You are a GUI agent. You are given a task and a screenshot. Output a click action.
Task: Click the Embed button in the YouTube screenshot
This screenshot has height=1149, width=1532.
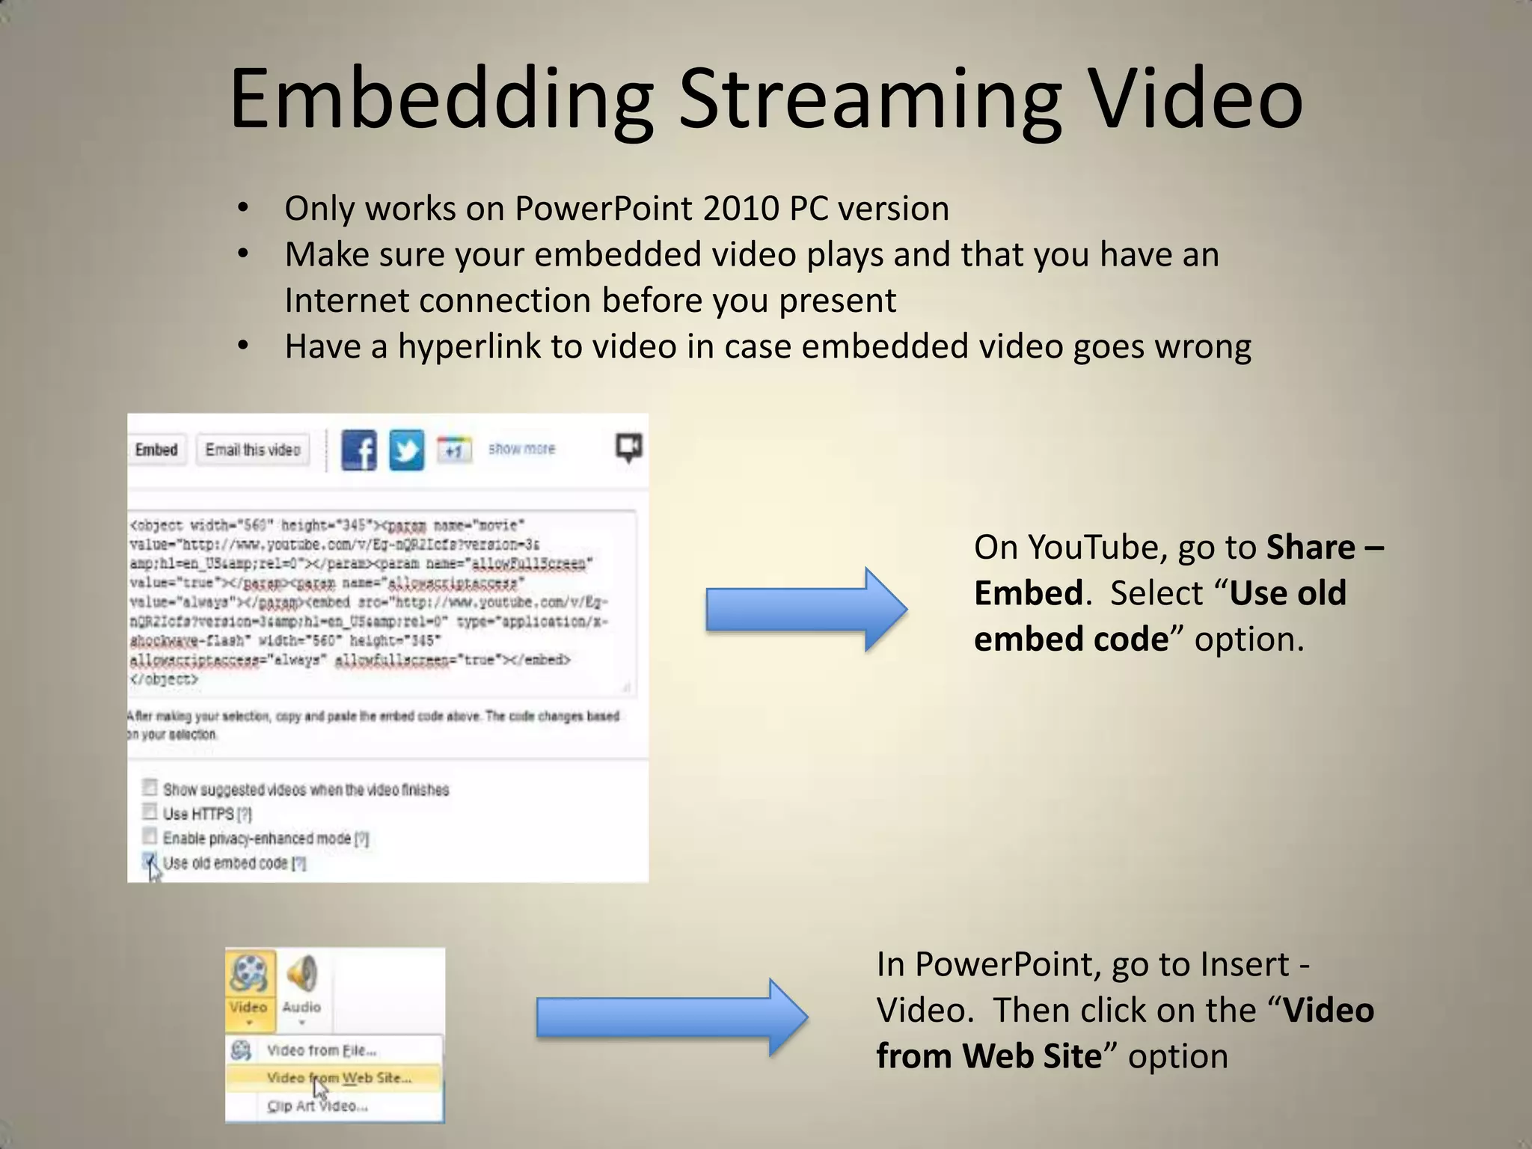point(156,450)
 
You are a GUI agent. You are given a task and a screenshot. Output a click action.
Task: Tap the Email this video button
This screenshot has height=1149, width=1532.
point(253,450)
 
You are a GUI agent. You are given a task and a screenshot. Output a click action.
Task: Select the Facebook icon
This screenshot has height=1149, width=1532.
point(359,450)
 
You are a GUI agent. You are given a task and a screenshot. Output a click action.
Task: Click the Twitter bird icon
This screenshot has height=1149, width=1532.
point(406,450)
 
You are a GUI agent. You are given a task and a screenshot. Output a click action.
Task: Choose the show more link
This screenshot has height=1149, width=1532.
point(521,449)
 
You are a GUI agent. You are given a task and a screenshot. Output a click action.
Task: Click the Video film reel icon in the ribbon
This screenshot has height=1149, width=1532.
point(249,973)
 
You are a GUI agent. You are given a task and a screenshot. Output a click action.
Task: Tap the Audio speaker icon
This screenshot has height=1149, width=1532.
point(302,973)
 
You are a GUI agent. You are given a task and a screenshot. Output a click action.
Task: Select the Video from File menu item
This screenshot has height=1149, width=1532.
point(321,1050)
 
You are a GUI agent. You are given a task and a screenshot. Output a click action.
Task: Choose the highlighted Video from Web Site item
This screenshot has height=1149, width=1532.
point(338,1078)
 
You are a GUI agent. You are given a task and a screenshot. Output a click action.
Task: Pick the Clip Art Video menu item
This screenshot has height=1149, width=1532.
point(317,1106)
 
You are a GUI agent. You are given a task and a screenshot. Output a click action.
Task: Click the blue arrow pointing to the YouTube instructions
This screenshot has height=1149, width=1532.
point(806,610)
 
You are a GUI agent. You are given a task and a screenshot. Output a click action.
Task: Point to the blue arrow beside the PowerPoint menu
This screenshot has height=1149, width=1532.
point(671,1017)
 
